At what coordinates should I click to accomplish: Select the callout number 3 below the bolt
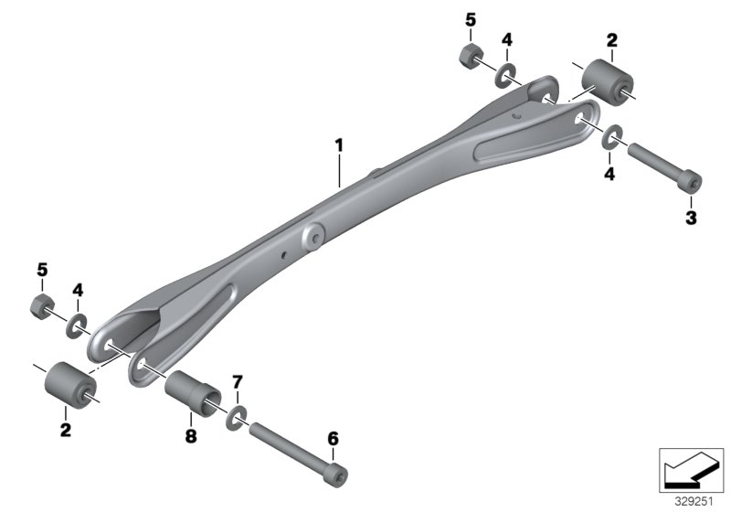691,217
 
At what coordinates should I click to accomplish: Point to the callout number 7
237,379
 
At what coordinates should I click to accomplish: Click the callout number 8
190,437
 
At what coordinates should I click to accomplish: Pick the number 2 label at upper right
611,39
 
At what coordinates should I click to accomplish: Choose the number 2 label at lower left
65,428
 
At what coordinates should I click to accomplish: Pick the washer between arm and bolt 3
612,138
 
